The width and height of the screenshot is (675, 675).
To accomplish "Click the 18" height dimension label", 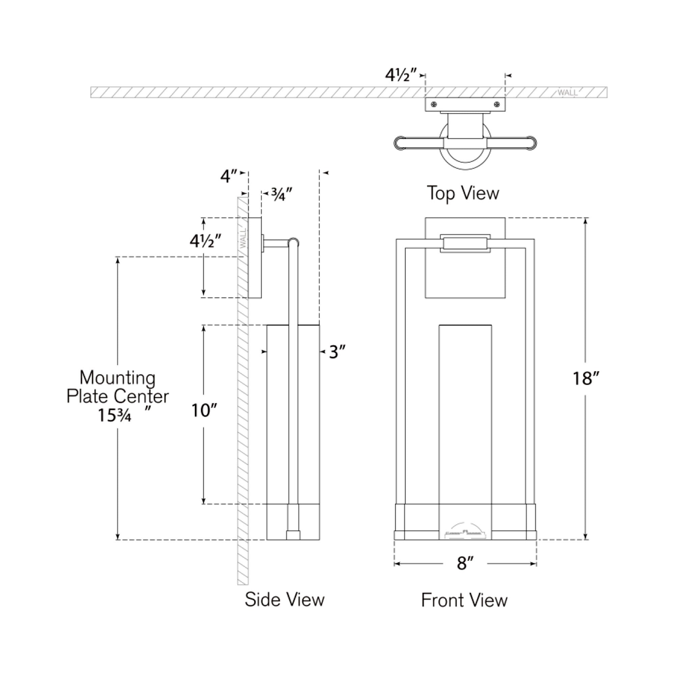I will tap(586, 378).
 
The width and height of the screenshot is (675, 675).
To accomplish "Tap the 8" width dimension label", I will tap(465, 563).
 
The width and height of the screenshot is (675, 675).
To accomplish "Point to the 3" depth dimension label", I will tap(337, 352).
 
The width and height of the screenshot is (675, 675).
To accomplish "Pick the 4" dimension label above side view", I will tap(229, 176).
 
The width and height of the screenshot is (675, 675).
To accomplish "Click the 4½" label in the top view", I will tap(401, 75).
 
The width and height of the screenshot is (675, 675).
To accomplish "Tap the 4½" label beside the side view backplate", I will tap(206, 241).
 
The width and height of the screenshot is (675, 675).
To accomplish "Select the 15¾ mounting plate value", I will tap(115, 415).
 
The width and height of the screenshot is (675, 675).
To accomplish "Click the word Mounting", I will tap(117, 378).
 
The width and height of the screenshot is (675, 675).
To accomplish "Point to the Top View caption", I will tap(463, 193).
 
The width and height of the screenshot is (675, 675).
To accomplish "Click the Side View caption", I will tap(285, 599).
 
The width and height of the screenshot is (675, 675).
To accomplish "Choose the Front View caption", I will tap(464, 600).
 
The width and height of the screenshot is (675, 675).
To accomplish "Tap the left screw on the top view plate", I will tap(434, 104).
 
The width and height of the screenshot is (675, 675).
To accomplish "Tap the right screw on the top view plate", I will tap(497, 104).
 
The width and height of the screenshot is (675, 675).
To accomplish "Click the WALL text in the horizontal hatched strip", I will tap(567, 92).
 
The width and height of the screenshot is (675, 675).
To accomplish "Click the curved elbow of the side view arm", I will tap(294, 242).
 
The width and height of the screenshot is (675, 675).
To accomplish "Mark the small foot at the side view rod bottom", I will tap(293, 535).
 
